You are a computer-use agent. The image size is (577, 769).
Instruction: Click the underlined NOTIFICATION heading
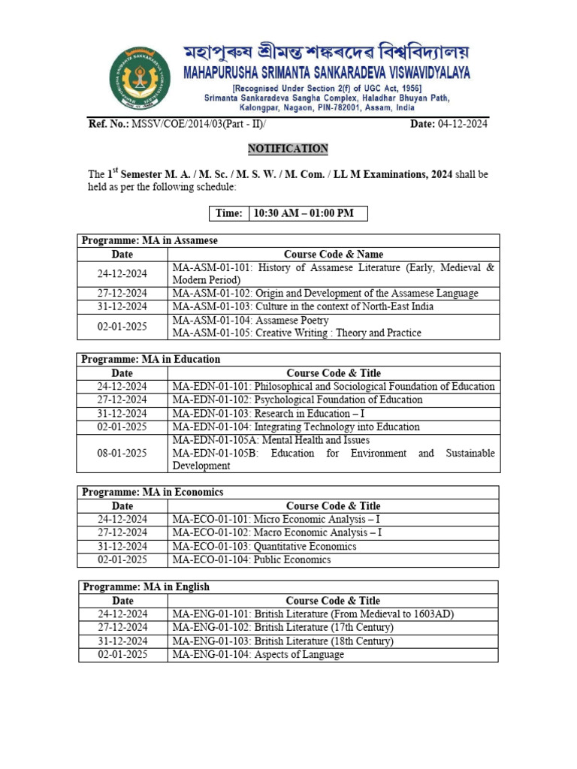click(288, 149)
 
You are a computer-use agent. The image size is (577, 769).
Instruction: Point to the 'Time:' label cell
click(228, 213)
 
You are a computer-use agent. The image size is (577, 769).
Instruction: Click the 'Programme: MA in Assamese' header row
click(288, 240)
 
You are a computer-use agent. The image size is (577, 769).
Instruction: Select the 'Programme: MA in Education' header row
click(288, 360)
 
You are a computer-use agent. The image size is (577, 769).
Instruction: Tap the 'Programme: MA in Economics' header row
click(288, 493)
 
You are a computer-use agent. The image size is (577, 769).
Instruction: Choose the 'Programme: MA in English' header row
click(288, 587)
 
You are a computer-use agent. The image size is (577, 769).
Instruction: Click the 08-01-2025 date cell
click(122, 453)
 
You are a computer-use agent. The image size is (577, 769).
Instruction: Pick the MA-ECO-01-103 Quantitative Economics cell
click(264, 546)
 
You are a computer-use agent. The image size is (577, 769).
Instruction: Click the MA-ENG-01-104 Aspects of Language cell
click(258, 655)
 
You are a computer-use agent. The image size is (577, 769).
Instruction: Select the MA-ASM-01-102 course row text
click(325, 294)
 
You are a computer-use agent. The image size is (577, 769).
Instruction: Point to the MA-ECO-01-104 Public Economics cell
click(252, 559)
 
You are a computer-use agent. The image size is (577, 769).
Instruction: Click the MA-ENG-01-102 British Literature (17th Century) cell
click(283, 628)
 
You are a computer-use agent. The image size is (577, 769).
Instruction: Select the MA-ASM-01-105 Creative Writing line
click(297, 333)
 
